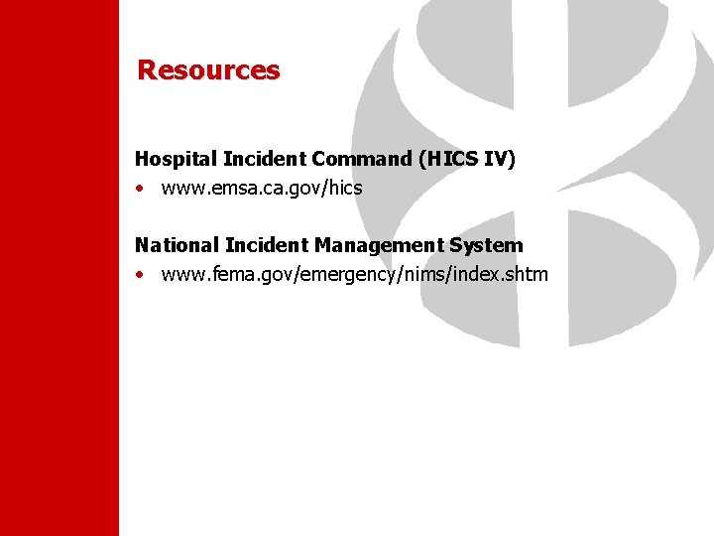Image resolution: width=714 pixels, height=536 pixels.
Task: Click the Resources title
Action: pyautogui.click(x=208, y=70)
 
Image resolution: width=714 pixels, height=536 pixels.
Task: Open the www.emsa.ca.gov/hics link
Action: pyautogui.click(x=261, y=188)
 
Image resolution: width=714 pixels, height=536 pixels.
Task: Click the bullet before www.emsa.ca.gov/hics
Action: pyautogui.click(x=141, y=189)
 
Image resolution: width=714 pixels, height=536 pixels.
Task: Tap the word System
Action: pyautogui.click(x=486, y=244)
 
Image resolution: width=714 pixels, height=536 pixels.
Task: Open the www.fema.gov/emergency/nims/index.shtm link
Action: pyautogui.click(x=354, y=274)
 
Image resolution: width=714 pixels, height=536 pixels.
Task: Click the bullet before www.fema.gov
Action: pyautogui.click(x=141, y=275)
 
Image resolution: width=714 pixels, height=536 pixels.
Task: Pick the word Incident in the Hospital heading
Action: pyautogui.click(x=265, y=159)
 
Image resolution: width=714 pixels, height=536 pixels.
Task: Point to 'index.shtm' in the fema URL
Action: pyautogui.click(x=503, y=274)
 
